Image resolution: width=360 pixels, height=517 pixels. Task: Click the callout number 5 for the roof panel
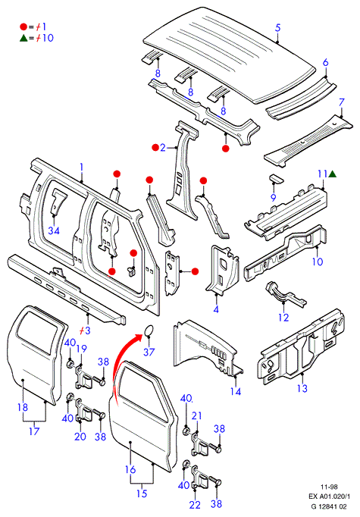(278, 28)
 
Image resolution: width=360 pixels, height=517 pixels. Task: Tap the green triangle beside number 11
(332, 174)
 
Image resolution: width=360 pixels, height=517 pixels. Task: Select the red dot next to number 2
(155, 147)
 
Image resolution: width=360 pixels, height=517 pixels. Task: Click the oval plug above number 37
(149, 331)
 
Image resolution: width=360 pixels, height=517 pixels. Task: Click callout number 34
(54, 230)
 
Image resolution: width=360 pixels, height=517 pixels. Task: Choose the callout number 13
(302, 388)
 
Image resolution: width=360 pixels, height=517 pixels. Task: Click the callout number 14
(236, 391)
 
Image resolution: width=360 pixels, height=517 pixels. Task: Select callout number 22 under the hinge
(195, 504)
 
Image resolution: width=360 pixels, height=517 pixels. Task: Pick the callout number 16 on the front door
(130, 468)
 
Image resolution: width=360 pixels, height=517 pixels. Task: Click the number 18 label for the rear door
(23, 407)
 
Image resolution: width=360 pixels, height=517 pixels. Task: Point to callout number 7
(341, 102)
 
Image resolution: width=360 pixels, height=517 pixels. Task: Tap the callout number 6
(325, 62)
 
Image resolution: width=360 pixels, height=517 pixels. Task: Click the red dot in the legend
(23, 27)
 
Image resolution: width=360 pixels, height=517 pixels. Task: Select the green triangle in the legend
(23, 38)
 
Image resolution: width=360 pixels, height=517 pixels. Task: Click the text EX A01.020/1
(330, 497)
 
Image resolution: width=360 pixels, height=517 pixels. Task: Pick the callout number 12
(283, 317)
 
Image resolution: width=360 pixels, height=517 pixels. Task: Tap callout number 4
(216, 309)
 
